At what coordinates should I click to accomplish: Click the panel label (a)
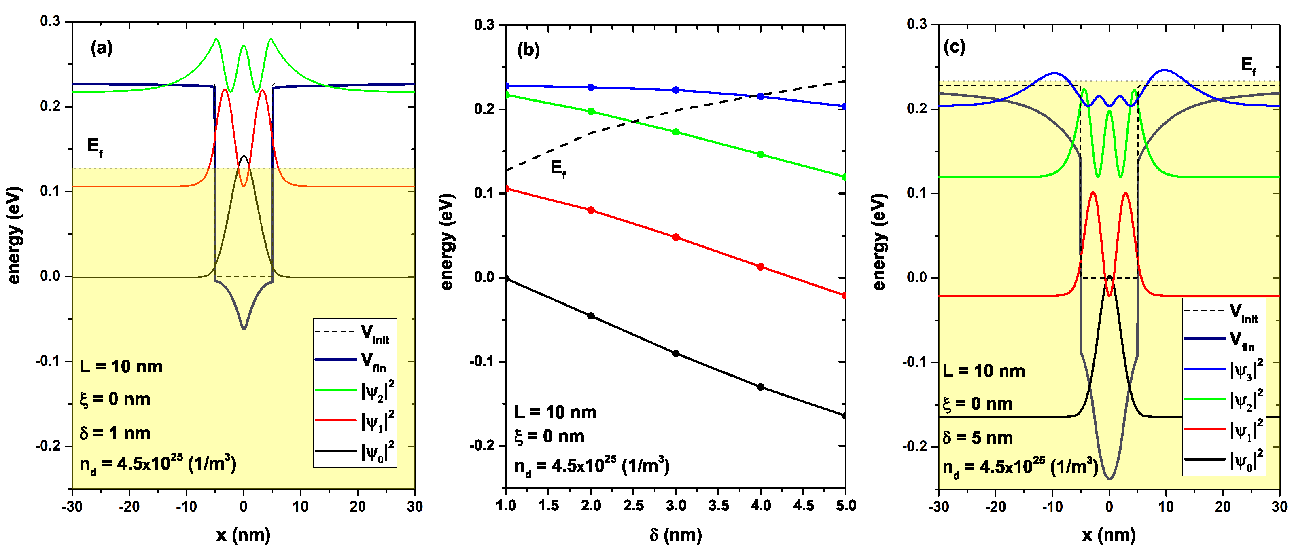(x=102, y=48)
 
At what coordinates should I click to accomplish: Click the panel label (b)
(x=528, y=50)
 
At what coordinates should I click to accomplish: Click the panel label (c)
(x=954, y=47)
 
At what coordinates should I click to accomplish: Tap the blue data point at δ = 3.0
(x=676, y=90)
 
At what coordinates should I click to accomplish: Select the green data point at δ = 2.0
(x=591, y=112)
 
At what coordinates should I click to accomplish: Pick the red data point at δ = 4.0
(x=761, y=267)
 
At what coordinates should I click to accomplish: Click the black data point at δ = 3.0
(x=676, y=353)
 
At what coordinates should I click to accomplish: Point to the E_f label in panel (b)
(x=558, y=168)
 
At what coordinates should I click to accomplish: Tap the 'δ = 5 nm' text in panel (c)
(x=978, y=438)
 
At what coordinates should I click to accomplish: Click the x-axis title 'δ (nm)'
(x=675, y=535)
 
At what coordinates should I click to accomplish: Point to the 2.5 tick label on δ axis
(x=633, y=506)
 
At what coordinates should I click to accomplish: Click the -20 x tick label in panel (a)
(x=129, y=506)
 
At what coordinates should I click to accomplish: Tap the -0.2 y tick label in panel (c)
(x=917, y=446)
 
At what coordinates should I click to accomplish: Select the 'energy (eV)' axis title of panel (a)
(x=15, y=235)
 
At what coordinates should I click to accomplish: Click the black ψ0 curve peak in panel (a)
(x=244, y=156)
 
